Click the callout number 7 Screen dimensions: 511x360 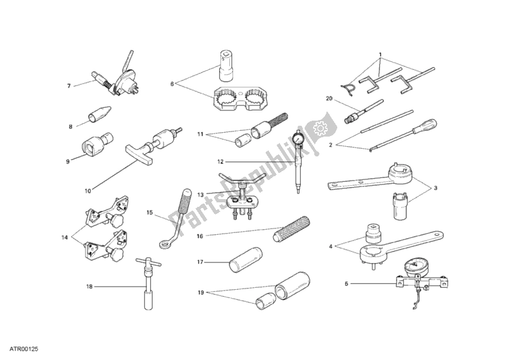coord(69,86)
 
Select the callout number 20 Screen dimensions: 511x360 coord(329,98)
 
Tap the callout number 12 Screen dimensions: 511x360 coord(220,161)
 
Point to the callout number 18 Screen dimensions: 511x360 coord(89,287)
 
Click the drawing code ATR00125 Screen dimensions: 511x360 coord(26,349)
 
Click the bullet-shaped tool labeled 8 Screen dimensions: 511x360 coord(100,114)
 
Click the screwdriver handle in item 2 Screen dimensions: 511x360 coord(428,127)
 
